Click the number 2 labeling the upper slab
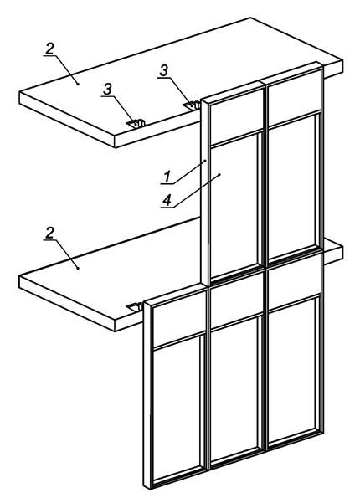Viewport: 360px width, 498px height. coord(49,49)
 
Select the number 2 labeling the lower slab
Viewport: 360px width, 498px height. coord(49,233)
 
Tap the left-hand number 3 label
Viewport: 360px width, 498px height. coord(108,89)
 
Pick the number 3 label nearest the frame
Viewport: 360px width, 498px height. coord(163,70)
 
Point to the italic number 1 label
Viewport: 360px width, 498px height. coord(167,177)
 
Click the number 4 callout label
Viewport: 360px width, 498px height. coord(167,200)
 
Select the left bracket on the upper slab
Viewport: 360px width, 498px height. coord(136,124)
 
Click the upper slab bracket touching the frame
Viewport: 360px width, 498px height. coord(192,105)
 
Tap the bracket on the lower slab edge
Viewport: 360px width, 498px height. coord(135,307)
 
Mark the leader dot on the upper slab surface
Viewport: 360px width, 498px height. coord(78,84)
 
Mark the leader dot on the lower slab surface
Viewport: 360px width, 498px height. coord(78,268)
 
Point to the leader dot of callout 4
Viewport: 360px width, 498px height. coord(219,174)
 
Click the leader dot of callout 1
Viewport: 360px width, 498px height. coord(205,161)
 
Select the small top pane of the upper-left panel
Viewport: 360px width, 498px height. coord(236,116)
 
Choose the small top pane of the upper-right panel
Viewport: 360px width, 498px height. coord(294,98)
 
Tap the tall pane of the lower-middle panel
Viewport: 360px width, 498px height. coord(234,388)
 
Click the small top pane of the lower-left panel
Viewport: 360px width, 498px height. coord(179,319)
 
